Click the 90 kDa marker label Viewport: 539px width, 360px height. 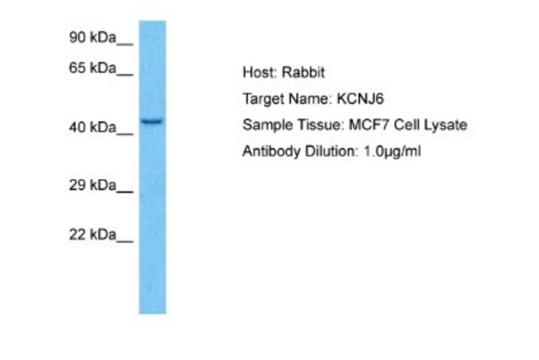tap(93, 37)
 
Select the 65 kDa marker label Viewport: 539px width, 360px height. tap(93, 68)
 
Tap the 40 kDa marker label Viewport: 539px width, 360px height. tap(93, 128)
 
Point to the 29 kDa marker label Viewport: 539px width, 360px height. tap(93, 185)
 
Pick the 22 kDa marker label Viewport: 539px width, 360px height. tap(93, 235)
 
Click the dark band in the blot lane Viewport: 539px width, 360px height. tap(153, 121)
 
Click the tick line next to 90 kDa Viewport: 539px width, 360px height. tap(124, 44)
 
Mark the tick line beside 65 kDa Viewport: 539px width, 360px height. tap(124, 75)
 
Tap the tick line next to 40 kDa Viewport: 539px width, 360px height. tap(124, 134)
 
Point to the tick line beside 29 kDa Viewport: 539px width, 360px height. tap(124, 192)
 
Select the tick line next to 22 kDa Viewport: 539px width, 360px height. tap(124, 241)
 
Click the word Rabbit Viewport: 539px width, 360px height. tap(303, 72)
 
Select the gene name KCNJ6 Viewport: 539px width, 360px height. tap(360, 99)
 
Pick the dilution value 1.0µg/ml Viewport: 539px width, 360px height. tap(392, 152)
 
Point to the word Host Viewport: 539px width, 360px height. tap(260, 72)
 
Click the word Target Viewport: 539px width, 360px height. tap(264, 100)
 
